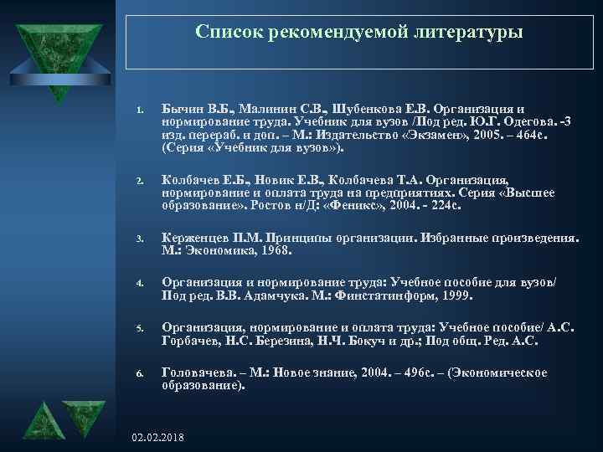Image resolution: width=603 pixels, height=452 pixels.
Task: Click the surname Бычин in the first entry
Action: tap(181, 109)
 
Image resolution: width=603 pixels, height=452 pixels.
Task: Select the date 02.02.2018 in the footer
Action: tap(159, 438)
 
